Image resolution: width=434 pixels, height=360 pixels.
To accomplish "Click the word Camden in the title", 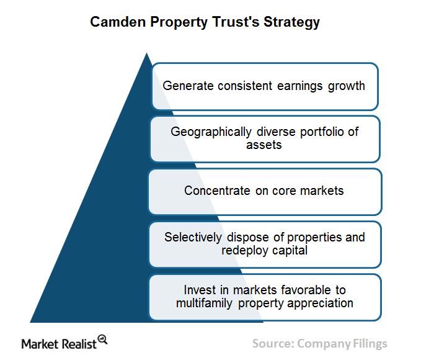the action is [x=118, y=22].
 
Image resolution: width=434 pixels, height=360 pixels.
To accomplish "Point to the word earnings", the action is [x=299, y=86].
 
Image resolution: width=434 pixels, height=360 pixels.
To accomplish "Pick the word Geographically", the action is [x=211, y=132].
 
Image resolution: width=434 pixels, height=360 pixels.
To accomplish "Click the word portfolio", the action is [x=322, y=132].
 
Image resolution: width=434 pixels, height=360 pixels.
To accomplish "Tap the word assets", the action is [x=263, y=145].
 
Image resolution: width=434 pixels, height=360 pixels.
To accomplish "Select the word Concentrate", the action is [x=217, y=191].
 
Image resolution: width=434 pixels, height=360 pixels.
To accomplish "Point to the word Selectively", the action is [x=193, y=238].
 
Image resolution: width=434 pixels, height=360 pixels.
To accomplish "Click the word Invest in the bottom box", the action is [x=200, y=290].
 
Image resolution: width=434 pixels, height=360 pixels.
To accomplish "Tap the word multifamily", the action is [x=204, y=304].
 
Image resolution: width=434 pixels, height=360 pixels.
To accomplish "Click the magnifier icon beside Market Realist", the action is [x=103, y=340].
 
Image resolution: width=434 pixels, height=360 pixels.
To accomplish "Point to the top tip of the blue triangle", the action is [x=147, y=53].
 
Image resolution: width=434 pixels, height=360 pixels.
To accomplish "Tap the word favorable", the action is [x=306, y=290].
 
